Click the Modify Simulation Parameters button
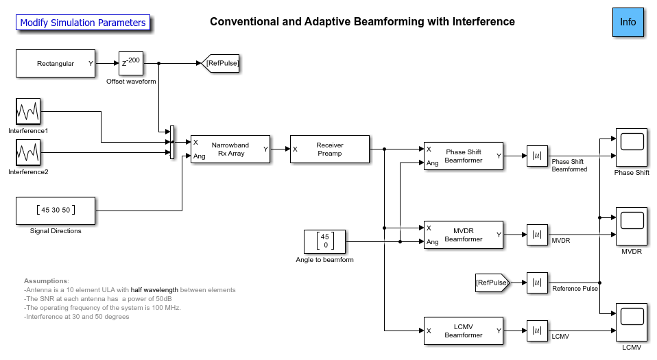[x=83, y=23]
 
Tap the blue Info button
[x=628, y=22]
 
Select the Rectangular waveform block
[x=56, y=64]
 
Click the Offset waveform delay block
[x=130, y=64]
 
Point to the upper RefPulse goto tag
[x=222, y=64]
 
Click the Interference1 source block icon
[x=28, y=111]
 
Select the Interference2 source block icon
[x=28, y=152]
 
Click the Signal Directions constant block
[x=56, y=211]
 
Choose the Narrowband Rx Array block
[x=230, y=149]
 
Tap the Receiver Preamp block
[x=329, y=149]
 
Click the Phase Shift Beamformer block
[x=464, y=156]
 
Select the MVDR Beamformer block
[x=464, y=235]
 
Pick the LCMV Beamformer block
[x=464, y=331]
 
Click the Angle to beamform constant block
[x=324, y=241]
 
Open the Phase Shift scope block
[x=632, y=146]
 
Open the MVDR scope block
[x=632, y=225]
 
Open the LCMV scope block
[x=632, y=321]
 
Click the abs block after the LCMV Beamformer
[x=537, y=331]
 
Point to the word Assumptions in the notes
[x=45, y=281]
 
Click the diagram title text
[x=362, y=22]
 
